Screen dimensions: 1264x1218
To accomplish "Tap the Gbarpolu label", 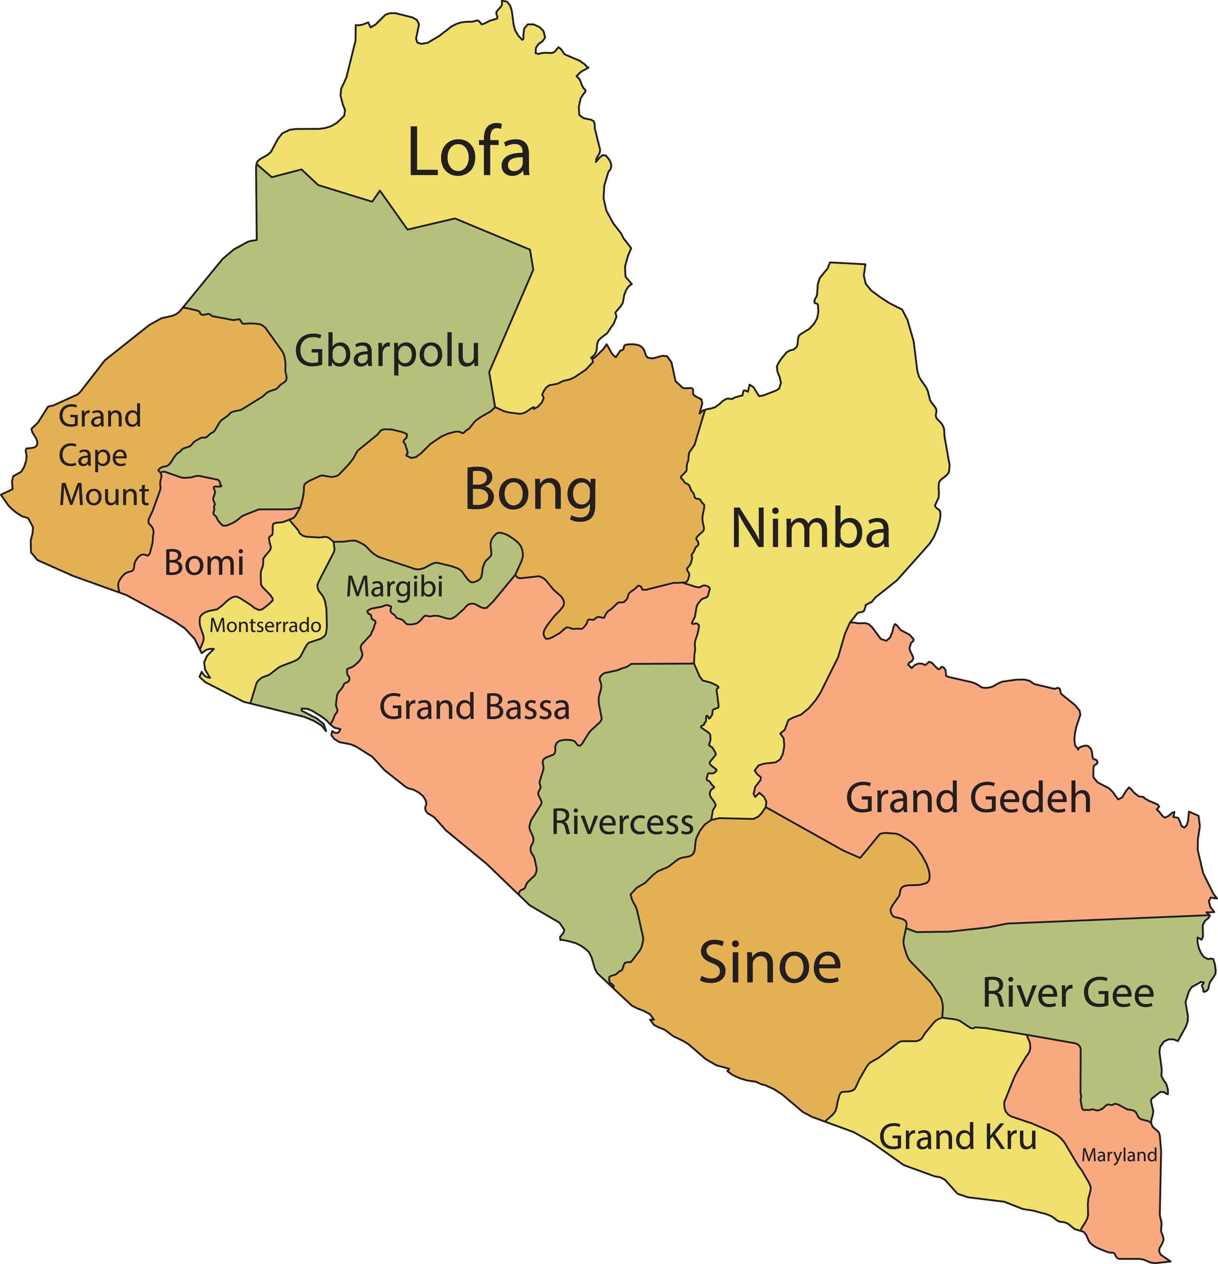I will [x=387, y=352].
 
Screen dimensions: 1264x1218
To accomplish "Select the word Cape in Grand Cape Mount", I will [x=93, y=456].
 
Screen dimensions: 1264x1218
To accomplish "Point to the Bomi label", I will [x=204, y=563].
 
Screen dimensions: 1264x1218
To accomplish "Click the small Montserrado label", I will [x=265, y=625].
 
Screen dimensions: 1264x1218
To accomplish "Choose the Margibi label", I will [x=394, y=587].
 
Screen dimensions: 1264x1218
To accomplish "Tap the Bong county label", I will [x=530, y=490].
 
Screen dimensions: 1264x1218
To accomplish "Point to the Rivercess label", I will [x=622, y=822].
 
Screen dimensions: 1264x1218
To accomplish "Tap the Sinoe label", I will [x=770, y=962].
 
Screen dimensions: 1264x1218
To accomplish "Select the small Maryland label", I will [x=1119, y=1155].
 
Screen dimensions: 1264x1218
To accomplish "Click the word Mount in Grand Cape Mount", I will [x=104, y=494].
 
